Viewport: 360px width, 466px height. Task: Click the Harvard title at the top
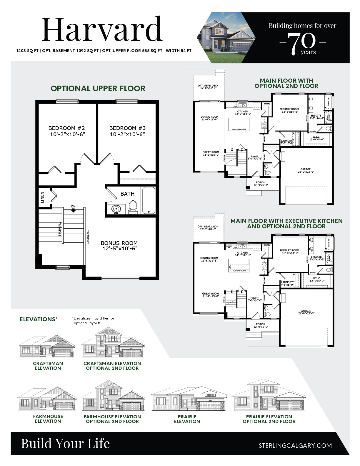(x=102, y=29)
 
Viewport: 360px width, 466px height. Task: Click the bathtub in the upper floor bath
(x=149, y=200)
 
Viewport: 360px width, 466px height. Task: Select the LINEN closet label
(x=42, y=197)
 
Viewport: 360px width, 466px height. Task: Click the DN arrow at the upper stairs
(x=73, y=209)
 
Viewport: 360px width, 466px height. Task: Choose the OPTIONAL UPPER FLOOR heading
(x=98, y=89)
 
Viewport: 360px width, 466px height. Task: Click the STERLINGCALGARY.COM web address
(x=295, y=445)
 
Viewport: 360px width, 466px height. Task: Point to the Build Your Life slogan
(x=65, y=444)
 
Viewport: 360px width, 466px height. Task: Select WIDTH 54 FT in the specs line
(x=179, y=51)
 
